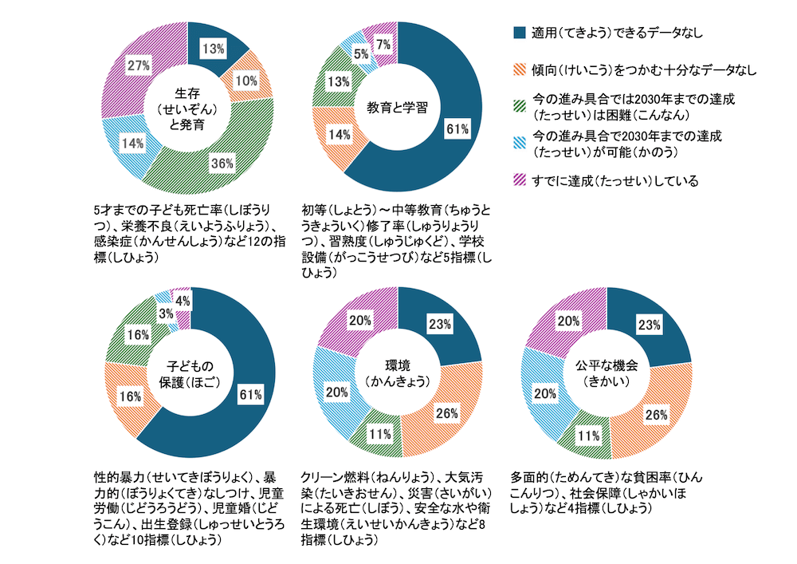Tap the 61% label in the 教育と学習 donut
[456, 128]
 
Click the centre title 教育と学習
[397, 108]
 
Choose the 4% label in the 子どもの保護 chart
[183, 301]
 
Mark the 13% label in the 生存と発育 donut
[213, 49]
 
